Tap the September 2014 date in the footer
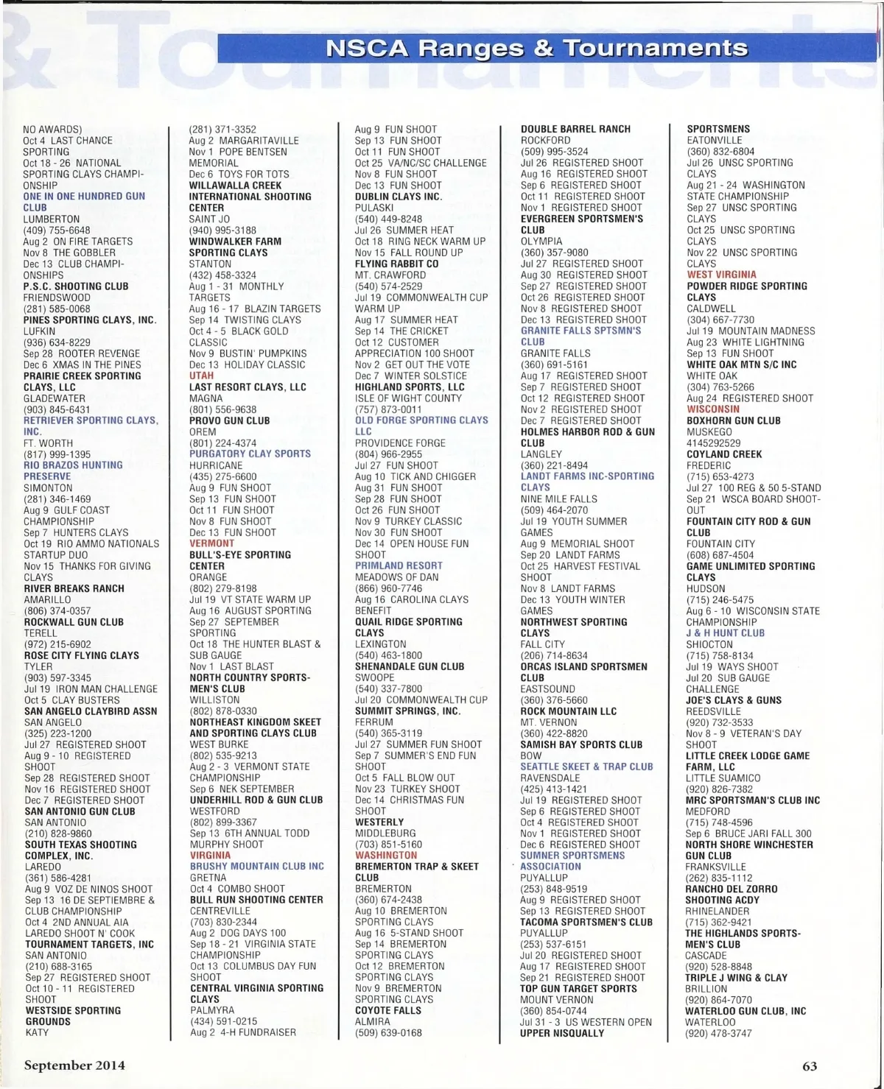point(74,1065)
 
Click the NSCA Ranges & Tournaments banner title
point(536,49)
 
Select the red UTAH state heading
point(202,376)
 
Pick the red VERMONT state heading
point(212,543)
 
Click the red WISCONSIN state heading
point(713,409)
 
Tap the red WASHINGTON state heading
point(386,856)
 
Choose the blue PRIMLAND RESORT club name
point(399,566)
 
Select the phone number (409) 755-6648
point(57,230)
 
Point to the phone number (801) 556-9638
point(223,409)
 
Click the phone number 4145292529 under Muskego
point(714,443)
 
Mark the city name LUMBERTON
point(52,219)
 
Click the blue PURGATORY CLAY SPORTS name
point(250,454)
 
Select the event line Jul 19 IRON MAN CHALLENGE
point(91,689)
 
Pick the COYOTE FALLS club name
point(388,1010)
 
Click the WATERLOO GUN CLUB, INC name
point(746,1011)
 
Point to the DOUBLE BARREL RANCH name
point(575,130)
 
